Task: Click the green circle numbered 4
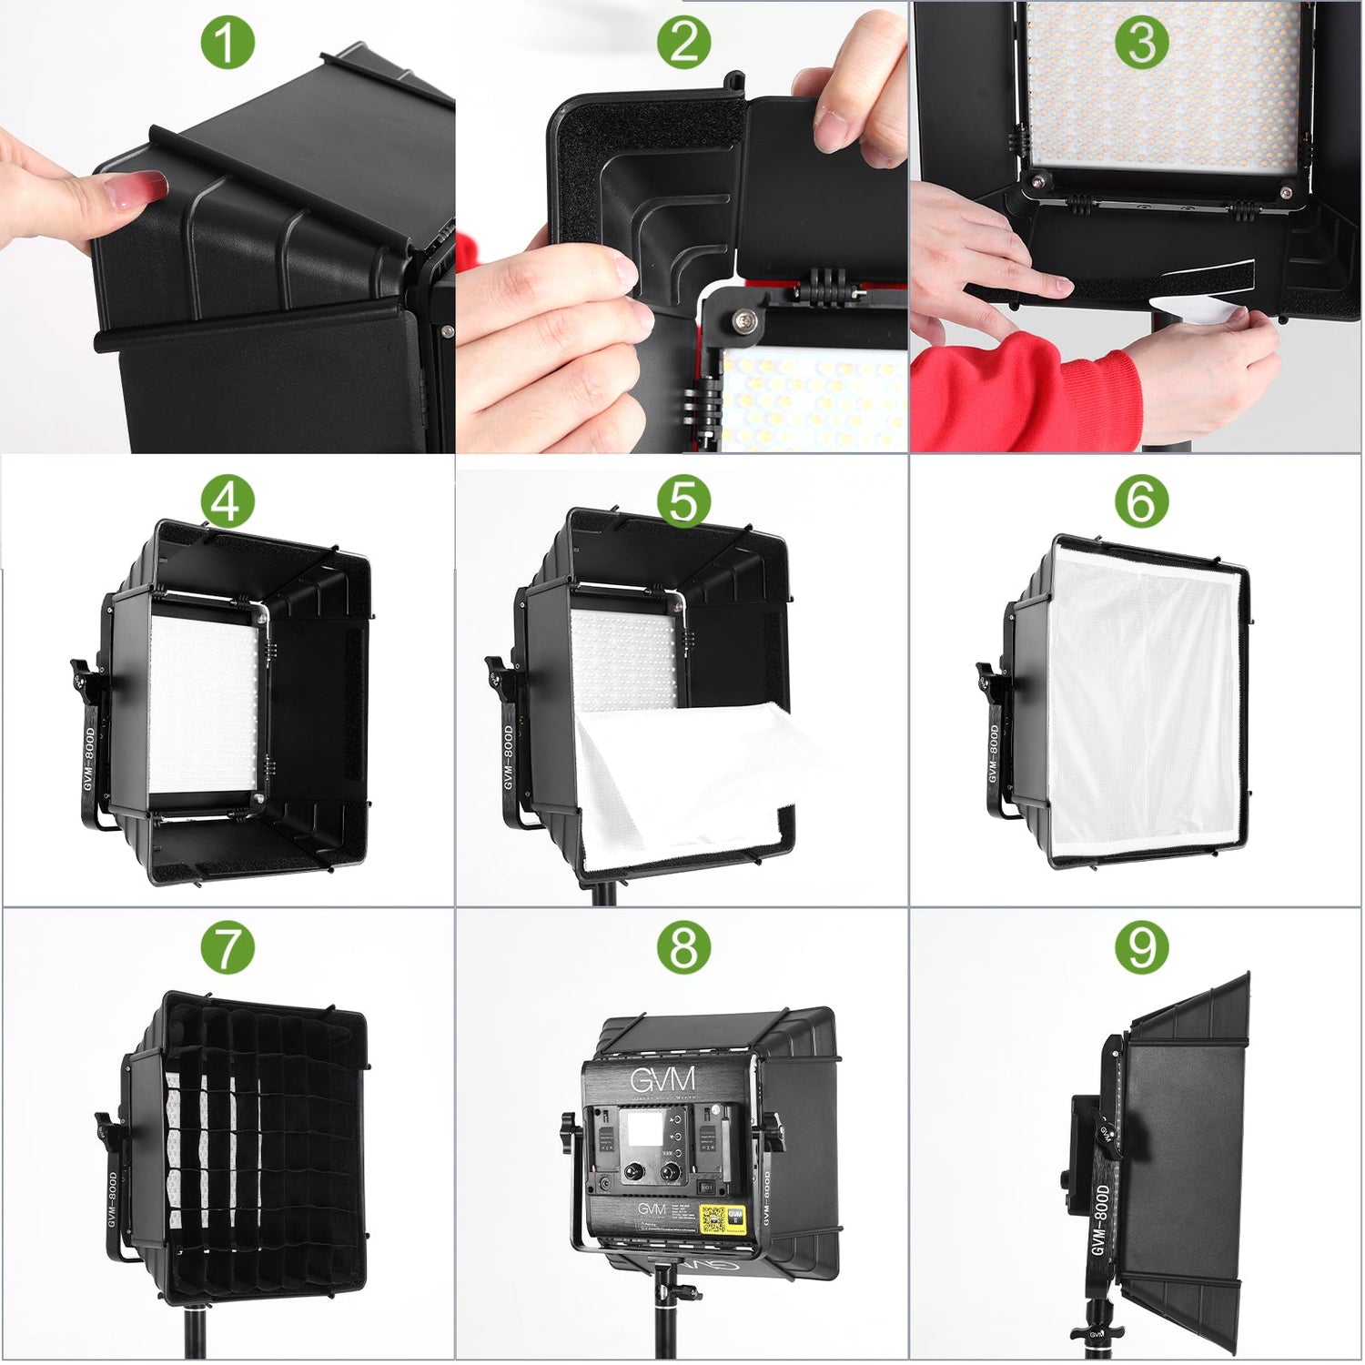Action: (x=227, y=501)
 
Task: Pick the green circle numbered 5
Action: (x=683, y=501)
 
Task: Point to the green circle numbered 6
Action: (x=1141, y=501)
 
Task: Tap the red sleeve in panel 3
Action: (x=1019, y=391)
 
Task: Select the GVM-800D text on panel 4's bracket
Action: (x=90, y=755)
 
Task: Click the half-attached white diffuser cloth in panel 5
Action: (x=682, y=773)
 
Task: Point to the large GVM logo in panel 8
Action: (x=662, y=1080)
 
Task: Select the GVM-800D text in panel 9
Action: (x=1103, y=1219)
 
